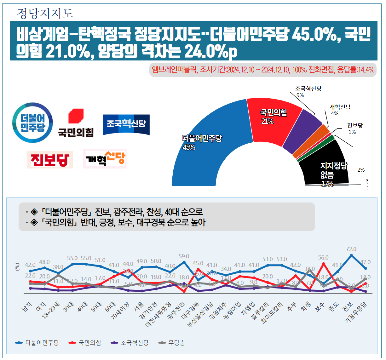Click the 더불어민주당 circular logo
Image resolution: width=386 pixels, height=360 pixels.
coord(32,123)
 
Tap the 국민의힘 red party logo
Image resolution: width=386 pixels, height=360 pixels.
coord(76,123)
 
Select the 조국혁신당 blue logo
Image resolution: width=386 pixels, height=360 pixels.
coord(126,125)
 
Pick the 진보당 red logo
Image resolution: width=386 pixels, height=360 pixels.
coord(50,160)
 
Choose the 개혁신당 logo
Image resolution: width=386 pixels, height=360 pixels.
coord(105,159)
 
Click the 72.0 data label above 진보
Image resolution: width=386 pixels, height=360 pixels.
coord(351,249)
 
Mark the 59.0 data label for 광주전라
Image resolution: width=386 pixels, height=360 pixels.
coord(184,256)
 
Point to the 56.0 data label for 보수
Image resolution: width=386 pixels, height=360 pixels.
coord(323,258)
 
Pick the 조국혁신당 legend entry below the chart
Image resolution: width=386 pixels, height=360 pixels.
coord(130,343)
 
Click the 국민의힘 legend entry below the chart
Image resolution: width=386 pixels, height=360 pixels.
coord(85,343)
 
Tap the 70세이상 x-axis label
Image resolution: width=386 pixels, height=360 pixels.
coord(120,311)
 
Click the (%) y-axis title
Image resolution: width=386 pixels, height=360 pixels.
coord(17,267)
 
